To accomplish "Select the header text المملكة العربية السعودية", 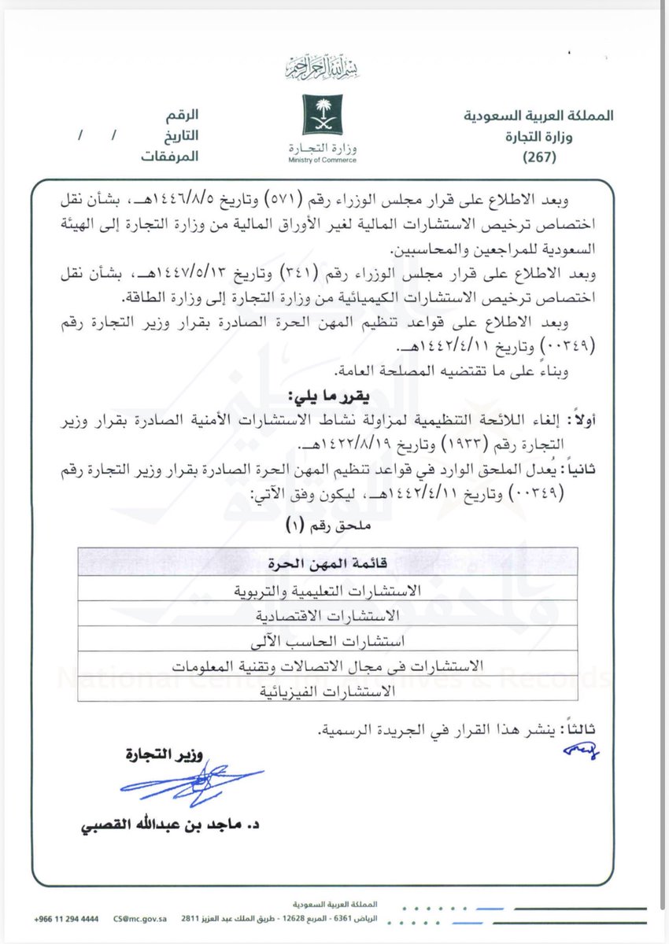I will [538, 116].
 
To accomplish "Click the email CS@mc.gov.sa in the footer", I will [136, 919].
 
